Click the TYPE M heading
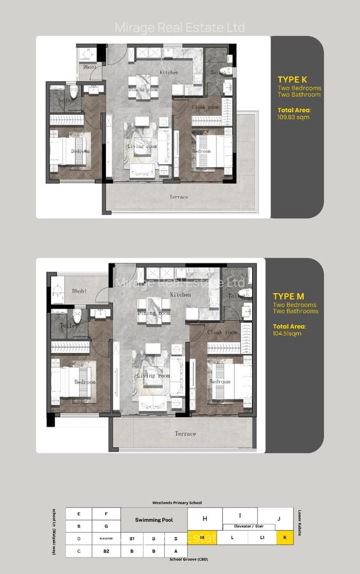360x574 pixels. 288,296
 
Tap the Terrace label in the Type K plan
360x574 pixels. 179,197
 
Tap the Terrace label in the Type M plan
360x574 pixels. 185,434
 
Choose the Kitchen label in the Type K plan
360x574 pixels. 169,73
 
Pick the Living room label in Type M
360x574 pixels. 154,376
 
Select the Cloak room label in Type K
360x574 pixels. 206,107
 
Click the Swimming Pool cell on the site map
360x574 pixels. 154,520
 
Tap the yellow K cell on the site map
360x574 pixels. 285,538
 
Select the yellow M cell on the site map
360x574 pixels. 202,538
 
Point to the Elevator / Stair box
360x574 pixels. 250,527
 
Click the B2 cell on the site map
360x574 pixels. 107,550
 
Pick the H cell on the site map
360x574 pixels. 205,519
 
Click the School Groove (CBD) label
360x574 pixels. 189,559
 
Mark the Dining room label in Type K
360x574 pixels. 143,90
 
